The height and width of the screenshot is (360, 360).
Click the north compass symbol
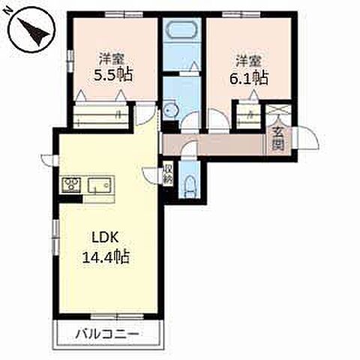coord(31,31)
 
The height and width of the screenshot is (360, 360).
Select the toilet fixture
coord(190,187)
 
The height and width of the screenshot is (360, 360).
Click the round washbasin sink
coord(170,110)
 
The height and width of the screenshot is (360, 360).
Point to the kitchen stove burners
coord(71,185)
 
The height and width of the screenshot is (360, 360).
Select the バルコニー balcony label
coord(107,334)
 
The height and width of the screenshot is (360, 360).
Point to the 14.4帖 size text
coord(106,257)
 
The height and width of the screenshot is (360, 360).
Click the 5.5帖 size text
coord(113,74)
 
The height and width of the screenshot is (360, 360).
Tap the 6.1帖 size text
coord(249,78)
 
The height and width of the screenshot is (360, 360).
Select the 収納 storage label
coord(166,174)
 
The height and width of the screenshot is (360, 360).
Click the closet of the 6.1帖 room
coord(248,116)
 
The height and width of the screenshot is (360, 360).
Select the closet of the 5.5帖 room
coord(100,115)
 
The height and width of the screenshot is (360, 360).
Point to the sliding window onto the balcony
coord(117,316)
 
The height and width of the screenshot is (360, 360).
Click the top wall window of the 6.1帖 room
coord(241,14)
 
